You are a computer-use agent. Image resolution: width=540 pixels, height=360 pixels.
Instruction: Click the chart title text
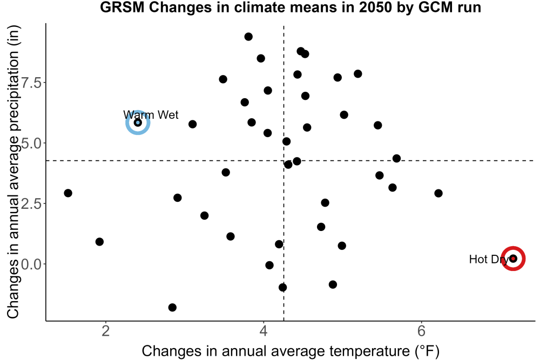(x=291, y=7)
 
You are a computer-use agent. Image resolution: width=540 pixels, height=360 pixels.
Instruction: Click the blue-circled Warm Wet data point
(x=138, y=123)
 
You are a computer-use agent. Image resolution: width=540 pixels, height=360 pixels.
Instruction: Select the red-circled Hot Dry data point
(x=513, y=259)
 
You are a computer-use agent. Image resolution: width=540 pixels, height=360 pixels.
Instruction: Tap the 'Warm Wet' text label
(x=151, y=114)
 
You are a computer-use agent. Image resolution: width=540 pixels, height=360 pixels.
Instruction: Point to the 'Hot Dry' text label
(x=489, y=259)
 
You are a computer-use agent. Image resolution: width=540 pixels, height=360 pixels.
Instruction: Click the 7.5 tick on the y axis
(x=31, y=83)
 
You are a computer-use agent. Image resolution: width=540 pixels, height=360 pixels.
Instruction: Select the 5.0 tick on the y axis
(x=31, y=143)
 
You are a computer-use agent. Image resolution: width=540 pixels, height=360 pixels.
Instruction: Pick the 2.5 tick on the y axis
(x=31, y=203)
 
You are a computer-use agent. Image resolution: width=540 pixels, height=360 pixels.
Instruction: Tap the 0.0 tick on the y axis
(x=31, y=264)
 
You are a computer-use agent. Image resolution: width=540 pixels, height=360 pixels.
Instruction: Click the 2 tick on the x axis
(x=106, y=331)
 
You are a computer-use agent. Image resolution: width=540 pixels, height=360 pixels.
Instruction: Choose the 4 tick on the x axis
(x=264, y=331)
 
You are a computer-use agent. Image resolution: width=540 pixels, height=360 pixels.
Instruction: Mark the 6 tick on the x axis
(x=421, y=331)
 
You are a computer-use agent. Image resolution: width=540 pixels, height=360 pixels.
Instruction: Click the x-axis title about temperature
(x=291, y=351)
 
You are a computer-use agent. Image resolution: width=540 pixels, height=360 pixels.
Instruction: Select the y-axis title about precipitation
(x=13, y=172)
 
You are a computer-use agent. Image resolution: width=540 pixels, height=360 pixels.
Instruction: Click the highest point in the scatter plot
(x=248, y=37)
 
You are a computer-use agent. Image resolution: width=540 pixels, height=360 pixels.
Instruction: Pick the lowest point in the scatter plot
(x=173, y=307)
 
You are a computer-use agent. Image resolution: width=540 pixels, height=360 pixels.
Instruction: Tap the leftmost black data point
(x=68, y=193)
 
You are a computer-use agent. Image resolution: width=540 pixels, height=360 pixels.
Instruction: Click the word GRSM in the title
(x=122, y=7)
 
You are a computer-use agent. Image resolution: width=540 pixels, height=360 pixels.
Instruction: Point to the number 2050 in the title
(x=375, y=7)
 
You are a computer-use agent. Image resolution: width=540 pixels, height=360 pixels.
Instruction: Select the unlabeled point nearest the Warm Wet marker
(x=193, y=124)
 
